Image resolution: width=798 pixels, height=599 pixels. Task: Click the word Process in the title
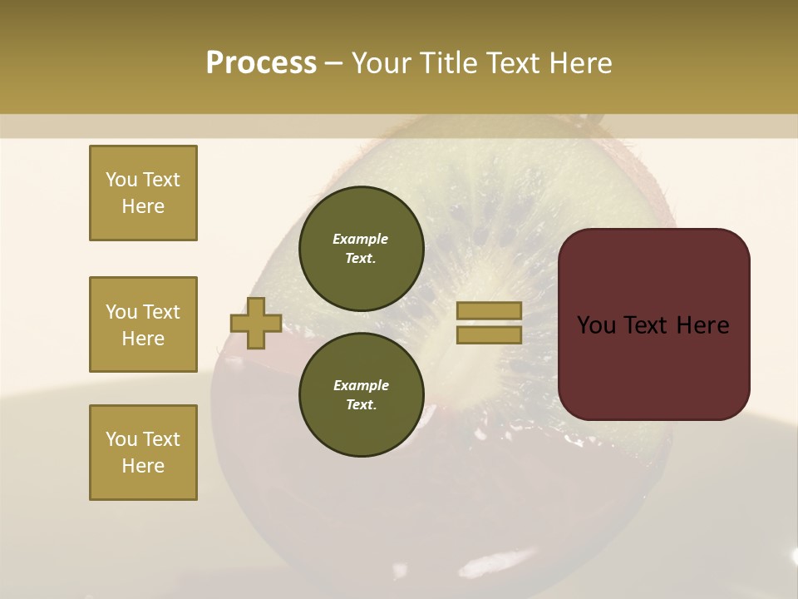(261, 63)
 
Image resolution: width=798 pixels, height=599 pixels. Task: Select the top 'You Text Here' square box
(143, 193)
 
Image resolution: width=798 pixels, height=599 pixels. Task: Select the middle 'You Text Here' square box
(143, 324)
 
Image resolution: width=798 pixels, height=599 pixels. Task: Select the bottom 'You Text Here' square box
(143, 453)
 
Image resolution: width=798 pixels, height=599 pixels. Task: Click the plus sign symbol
(256, 324)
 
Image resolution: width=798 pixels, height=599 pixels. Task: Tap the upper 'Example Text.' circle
(361, 249)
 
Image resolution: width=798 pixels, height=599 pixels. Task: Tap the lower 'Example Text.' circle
(361, 395)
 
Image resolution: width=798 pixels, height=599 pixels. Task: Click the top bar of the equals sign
(490, 311)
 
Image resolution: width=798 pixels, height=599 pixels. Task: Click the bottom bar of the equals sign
(490, 335)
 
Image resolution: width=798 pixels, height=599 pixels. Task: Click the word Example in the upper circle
(361, 240)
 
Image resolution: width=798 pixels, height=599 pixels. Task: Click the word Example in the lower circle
(361, 386)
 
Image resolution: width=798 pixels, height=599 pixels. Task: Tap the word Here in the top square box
(143, 206)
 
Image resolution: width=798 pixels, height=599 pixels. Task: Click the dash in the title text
(333, 63)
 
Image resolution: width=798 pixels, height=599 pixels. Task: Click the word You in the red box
(597, 325)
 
